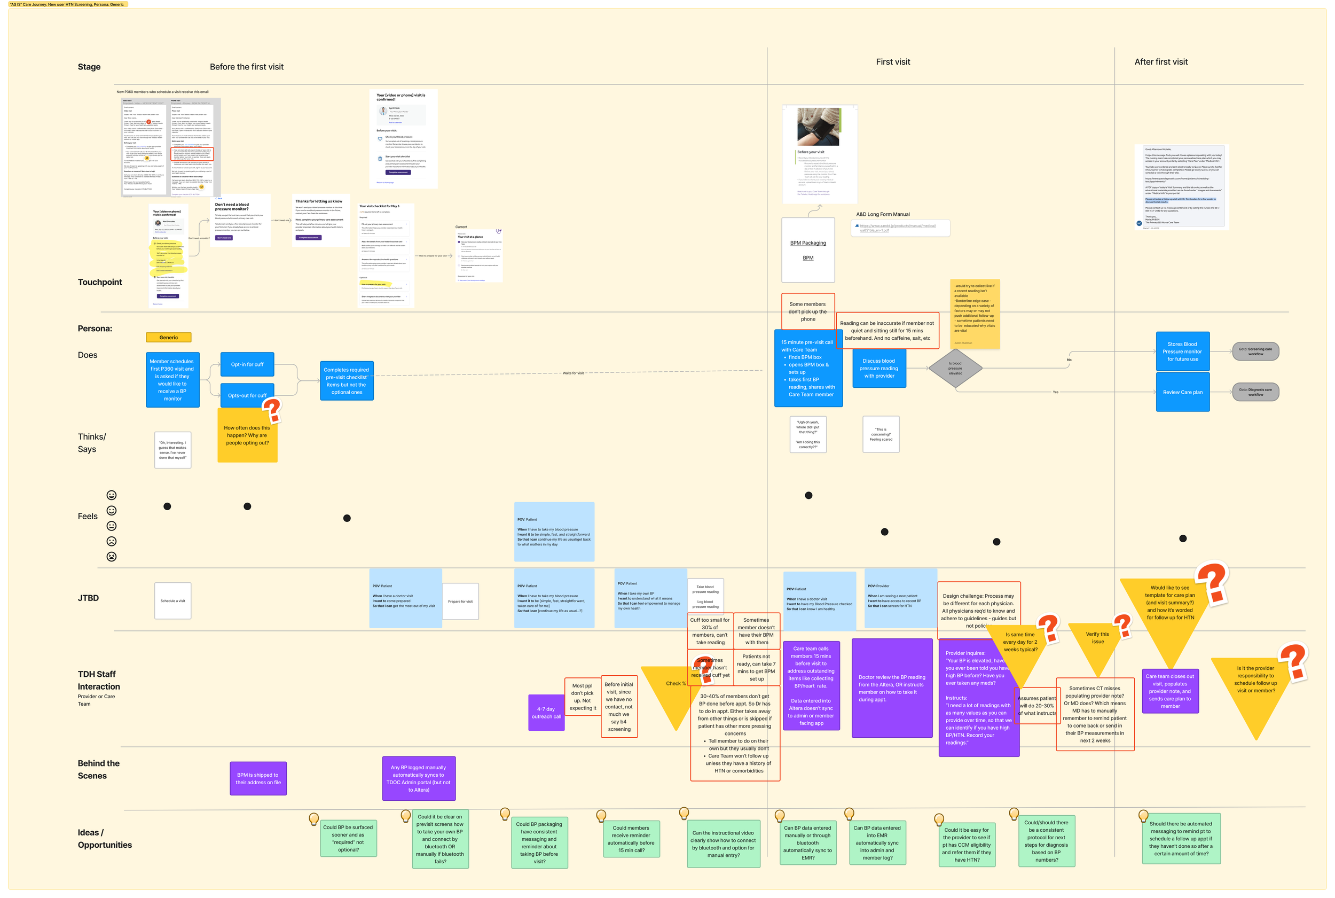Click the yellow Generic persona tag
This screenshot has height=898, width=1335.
168,337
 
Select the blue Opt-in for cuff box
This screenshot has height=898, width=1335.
247,364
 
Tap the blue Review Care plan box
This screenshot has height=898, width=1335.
1182,392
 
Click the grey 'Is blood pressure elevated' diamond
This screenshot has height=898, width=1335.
955,368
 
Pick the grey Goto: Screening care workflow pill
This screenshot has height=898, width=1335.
1255,351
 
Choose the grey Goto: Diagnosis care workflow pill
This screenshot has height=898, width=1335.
1255,392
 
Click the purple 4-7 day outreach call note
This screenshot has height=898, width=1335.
546,713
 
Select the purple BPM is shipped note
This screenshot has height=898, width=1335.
257,778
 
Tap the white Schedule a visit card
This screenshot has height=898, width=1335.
172,601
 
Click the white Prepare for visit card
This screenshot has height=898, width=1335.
460,602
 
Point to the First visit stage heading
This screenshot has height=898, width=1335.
892,62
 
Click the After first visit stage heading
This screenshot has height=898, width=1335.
1160,62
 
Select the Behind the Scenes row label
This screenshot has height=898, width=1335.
98,769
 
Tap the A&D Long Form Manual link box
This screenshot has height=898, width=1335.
899,228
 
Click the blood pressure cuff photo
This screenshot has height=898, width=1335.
819,127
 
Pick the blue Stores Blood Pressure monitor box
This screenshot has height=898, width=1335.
1182,352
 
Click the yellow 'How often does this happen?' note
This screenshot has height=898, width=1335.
247,435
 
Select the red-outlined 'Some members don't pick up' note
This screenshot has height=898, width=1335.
807,311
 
